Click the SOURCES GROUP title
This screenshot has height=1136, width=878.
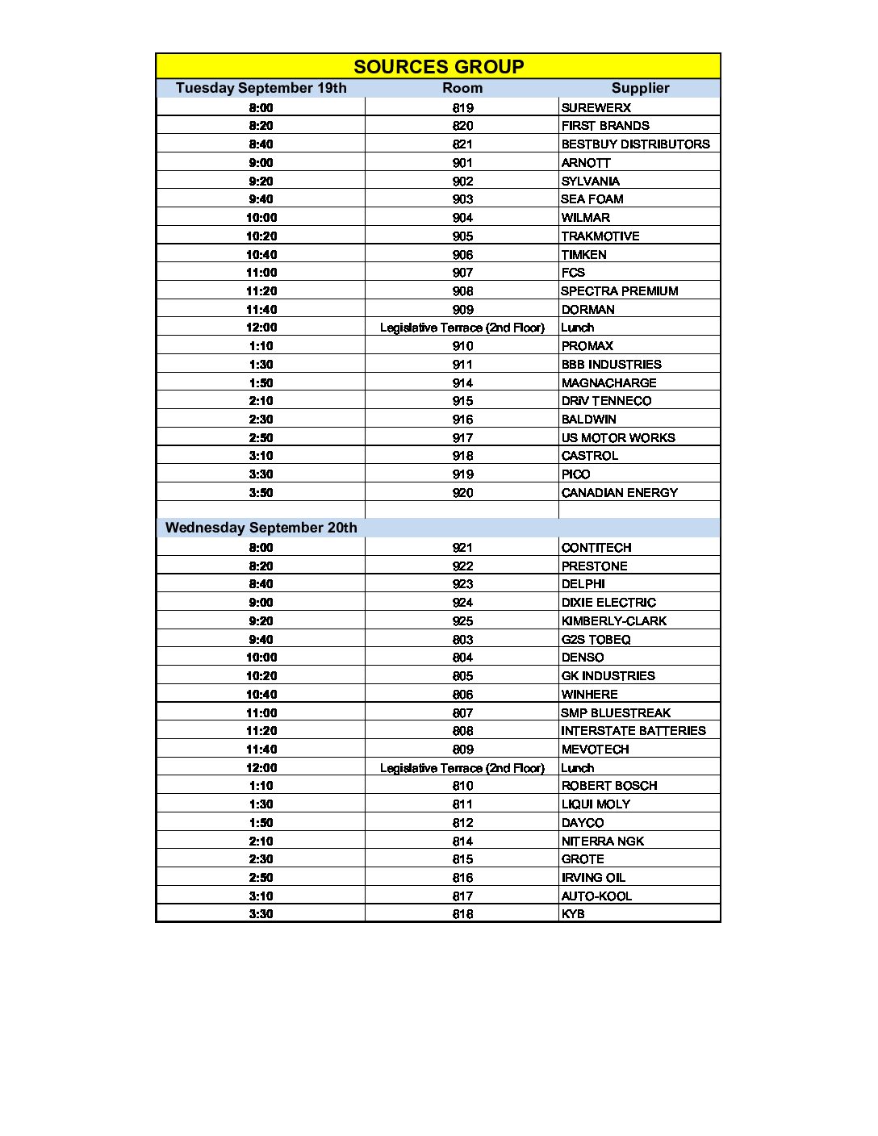pos(438,67)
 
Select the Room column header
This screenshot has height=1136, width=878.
pos(462,88)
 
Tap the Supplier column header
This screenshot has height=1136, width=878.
pos(640,88)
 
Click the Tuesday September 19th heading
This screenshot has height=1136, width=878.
pos(261,88)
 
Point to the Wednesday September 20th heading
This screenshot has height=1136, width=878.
pos(261,528)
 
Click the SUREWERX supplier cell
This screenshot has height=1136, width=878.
pos(596,107)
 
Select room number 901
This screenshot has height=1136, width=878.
pos(462,163)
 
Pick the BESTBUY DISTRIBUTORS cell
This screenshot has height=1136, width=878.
pos(635,144)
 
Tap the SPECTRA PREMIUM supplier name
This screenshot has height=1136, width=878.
pos(620,291)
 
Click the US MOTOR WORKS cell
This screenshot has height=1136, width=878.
pos(618,438)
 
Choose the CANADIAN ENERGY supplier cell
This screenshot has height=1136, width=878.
pos(620,493)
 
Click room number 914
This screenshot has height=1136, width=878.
pos(462,383)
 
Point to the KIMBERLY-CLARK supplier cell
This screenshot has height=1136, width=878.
pos(614,621)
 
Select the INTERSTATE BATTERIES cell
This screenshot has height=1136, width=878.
pos(633,731)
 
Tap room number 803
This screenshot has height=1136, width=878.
pos(462,640)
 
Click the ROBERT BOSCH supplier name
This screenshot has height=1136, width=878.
pos(609,786)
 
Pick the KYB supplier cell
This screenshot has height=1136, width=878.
pos(573,914)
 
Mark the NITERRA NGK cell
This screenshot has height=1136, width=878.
pos(603,841)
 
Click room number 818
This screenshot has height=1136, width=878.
pos(462,914)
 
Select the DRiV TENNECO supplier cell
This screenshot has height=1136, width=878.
pos(606,401)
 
